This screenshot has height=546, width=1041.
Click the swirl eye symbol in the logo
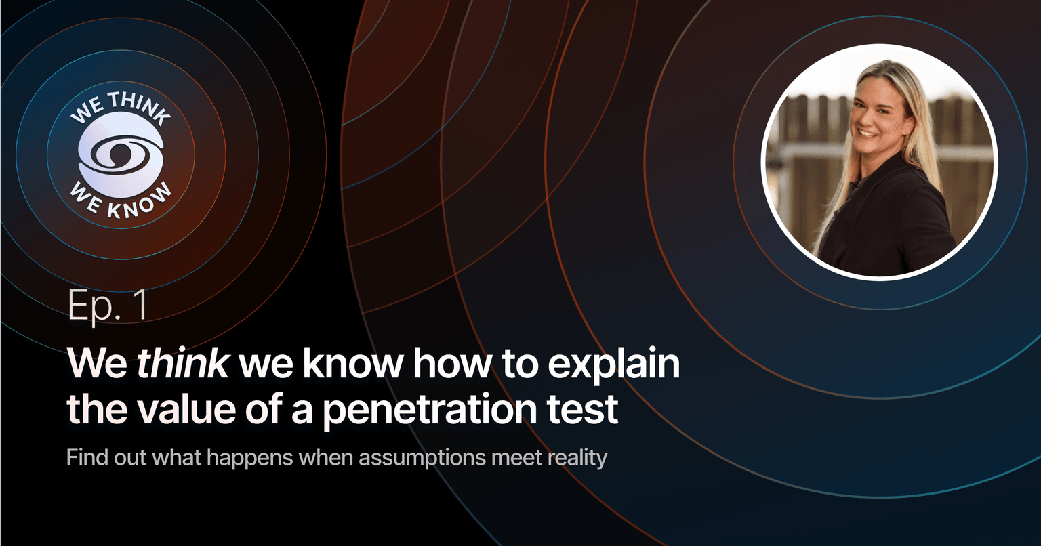point(121,154)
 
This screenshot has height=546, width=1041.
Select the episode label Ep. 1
point(108,306)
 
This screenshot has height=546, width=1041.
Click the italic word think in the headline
point(182,363)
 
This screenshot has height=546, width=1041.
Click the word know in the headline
point(352,363)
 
